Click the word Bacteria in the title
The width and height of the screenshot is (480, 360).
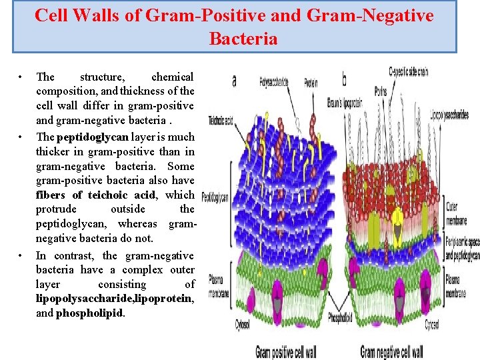[243, 39]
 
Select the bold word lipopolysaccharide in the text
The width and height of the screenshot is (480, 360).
[87, 299]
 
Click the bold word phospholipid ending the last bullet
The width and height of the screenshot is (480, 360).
[90, 313]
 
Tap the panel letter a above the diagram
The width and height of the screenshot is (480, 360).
[233, 81]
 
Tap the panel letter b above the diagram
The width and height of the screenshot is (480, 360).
[344, 81]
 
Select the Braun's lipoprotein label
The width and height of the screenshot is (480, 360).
[344, 102]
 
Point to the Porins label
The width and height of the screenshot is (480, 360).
[381, 91]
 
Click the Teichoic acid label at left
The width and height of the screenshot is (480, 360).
[220, 121]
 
